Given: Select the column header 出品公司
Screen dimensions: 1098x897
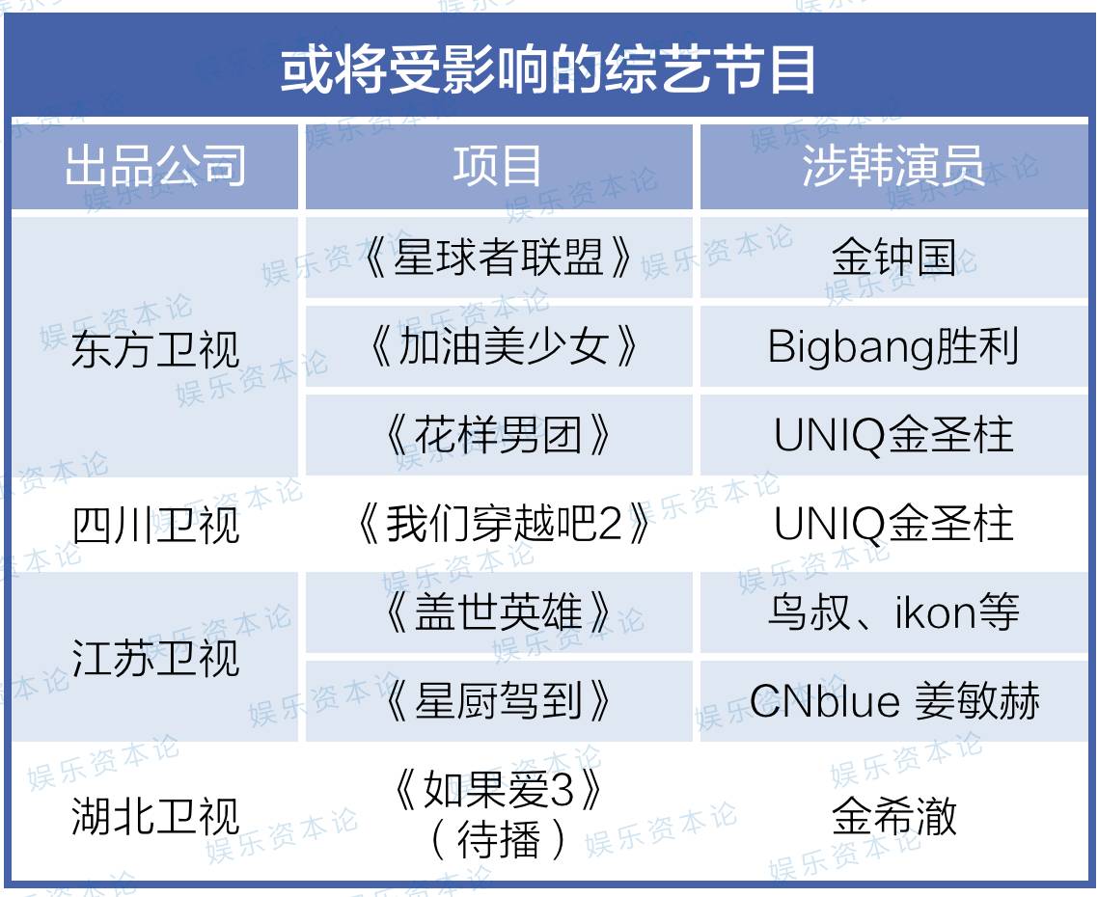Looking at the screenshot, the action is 154,166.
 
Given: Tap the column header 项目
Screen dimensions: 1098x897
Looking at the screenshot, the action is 497,166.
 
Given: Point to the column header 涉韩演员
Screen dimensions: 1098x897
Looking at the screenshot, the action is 892,166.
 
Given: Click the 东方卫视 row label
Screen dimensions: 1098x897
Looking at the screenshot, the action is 155,349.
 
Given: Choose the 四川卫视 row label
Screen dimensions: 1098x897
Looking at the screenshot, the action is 155,525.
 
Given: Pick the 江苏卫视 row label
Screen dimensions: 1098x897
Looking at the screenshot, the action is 155,658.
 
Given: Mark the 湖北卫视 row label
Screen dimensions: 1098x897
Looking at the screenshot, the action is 155,817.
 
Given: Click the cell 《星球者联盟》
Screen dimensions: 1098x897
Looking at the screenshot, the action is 498,258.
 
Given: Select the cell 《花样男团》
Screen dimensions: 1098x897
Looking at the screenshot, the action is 498,435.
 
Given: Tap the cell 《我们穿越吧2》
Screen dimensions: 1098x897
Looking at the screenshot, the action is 502,524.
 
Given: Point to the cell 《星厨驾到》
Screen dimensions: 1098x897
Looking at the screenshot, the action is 498,701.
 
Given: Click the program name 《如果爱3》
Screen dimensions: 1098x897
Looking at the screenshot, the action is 498,790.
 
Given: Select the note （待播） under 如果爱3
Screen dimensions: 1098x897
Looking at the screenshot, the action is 498,839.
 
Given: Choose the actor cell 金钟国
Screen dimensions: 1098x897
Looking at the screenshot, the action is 894,258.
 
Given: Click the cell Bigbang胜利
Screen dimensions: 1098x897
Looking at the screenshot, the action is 892,346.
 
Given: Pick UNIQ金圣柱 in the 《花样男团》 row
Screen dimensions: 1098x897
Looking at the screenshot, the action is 893,435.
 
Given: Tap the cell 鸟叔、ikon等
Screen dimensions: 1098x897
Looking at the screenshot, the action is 893,612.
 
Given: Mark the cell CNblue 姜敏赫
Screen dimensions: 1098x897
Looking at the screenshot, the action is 894,701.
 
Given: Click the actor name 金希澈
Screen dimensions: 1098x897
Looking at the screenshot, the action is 894,816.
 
